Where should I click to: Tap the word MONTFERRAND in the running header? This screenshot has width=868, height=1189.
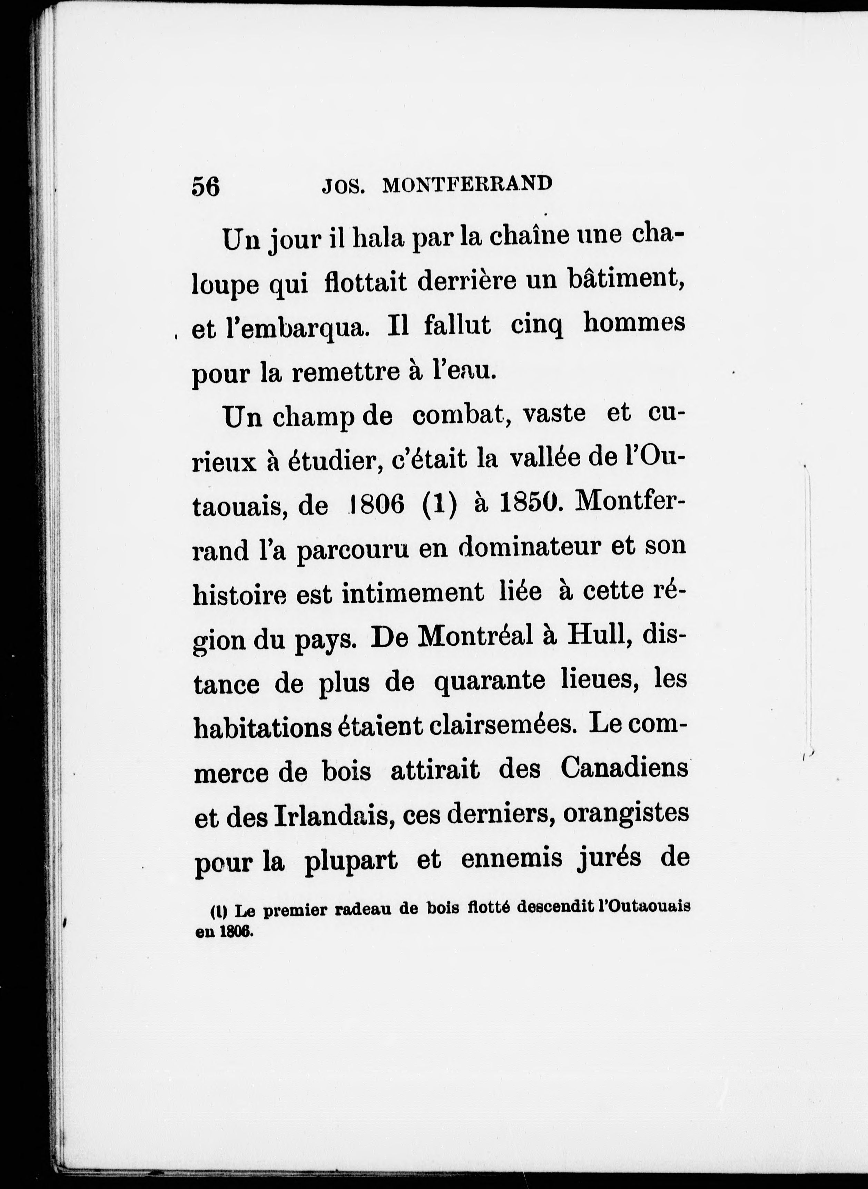467,184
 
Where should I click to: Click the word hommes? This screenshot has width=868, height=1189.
634,323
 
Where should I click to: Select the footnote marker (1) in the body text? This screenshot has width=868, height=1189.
439,505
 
